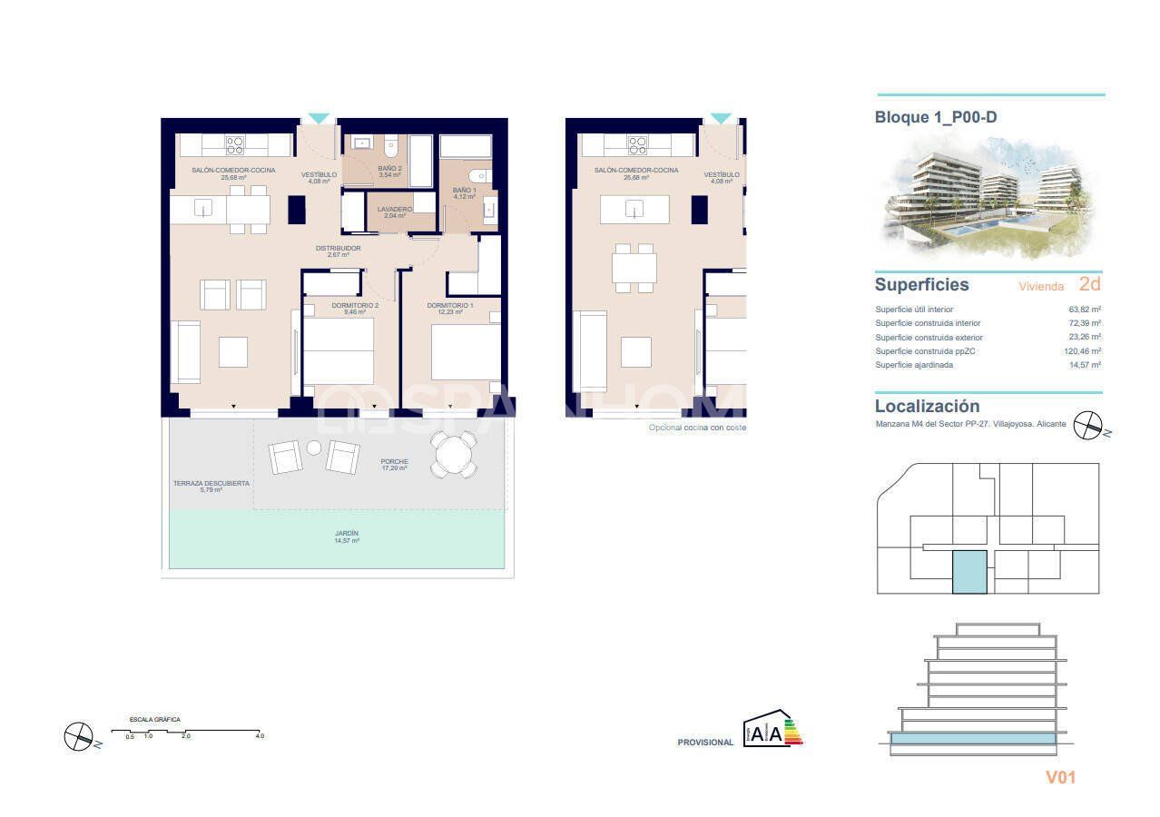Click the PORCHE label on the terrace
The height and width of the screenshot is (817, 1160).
(394, 464)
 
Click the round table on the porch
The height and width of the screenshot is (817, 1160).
(453, 453)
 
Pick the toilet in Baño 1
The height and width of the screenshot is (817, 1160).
(478, 176)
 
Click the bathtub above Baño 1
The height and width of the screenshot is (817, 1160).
(465, 147)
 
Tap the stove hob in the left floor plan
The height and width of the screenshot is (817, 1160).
(235, 145)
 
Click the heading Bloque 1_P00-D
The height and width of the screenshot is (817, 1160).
(936, 117)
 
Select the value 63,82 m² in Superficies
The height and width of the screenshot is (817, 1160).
(1085, 310)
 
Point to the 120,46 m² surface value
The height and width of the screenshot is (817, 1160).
(1083, 351)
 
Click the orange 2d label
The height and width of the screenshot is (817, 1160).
(1089, 284)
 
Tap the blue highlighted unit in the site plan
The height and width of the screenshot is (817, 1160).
(969, 572)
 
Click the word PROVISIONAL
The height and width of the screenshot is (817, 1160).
(705, 743)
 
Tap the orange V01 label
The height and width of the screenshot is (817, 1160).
(1060, 777)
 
